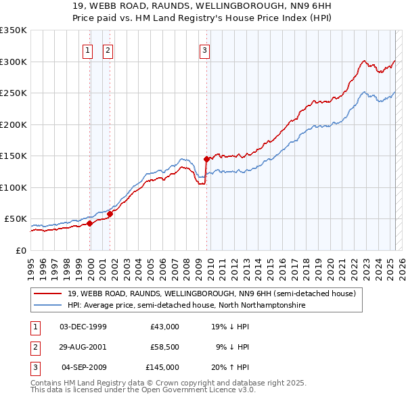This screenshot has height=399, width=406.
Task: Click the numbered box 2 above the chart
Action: click(x=108, y=49)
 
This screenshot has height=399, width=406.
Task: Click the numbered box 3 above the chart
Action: click(x=204, y=49)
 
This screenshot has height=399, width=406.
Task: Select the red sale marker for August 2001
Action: click(x=110, y=214)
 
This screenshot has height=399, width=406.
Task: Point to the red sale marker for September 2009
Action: click(x=206, y=160)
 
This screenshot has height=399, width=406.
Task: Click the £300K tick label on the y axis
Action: click(x=14, y=62)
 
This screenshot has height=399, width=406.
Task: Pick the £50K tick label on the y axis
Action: click(x=16, y=219)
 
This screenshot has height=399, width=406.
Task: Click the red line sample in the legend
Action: click(x=47, y=293)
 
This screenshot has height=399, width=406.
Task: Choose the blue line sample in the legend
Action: click(x=47, y=306)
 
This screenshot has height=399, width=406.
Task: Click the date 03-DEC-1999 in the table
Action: click(x=83, y=327)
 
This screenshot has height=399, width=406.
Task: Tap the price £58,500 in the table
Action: click(x=164, y=347)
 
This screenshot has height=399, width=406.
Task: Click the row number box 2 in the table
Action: click(x=34, y=347)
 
